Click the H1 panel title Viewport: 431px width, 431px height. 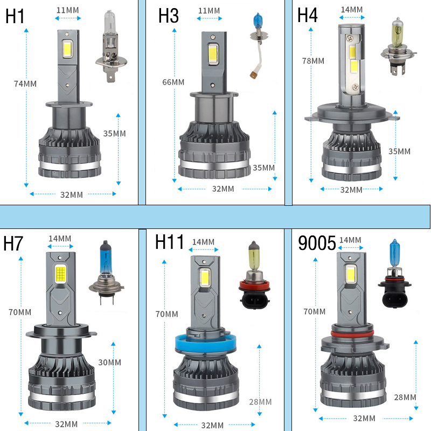pos(15,16)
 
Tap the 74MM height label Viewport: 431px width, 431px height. pos(25,84)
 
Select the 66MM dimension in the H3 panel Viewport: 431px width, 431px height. pos(173,82)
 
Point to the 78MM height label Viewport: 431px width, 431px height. pos(313,61)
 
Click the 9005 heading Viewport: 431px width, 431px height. pos(317,243)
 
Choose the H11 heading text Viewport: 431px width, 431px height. pos(169,242)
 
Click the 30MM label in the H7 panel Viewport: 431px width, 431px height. pos(110,362)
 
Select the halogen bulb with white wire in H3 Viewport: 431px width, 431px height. pos(259,45)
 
